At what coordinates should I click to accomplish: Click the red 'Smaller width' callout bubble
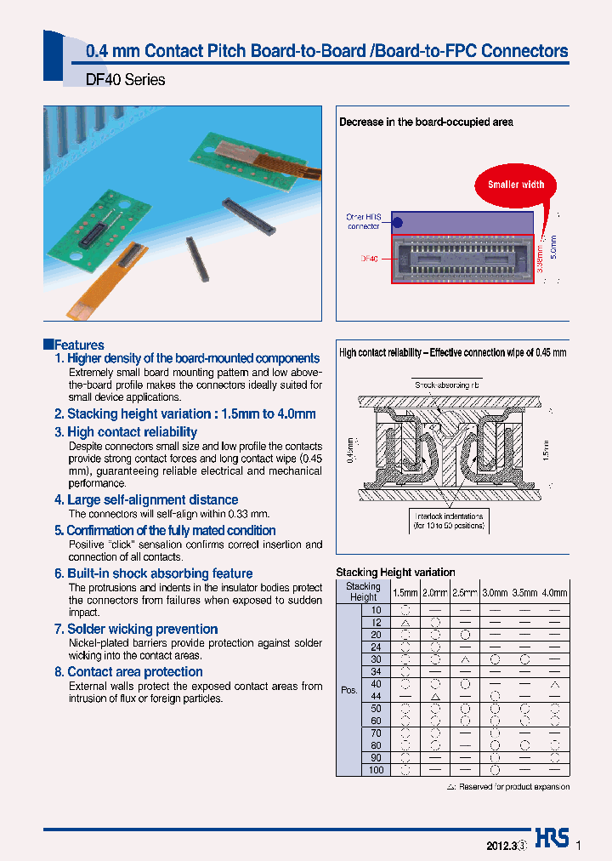coord(516,185)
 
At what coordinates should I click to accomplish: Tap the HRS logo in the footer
coord(552,838)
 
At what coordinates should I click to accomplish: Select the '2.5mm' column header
coord(464,592)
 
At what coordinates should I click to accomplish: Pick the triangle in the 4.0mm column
coord(554,684)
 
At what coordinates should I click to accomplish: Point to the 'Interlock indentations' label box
coord(449,521)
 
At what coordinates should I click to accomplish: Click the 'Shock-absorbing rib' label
coord(447,385)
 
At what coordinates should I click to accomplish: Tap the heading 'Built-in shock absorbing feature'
coord(153,573)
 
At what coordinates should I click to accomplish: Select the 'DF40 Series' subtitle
coord(126,80)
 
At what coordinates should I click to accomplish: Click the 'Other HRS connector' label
coord(364,221)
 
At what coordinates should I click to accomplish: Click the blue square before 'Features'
coord(48,345)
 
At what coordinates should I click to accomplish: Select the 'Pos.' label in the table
coord(348,690)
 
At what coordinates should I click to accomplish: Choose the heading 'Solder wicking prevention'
coord(136,629)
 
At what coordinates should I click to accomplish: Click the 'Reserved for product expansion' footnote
coord(507,787)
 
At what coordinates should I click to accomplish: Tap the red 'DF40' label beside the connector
coord(369,259)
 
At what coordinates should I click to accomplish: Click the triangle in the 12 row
coord(405,623)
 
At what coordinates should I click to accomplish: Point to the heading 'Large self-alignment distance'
coord(146,499)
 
